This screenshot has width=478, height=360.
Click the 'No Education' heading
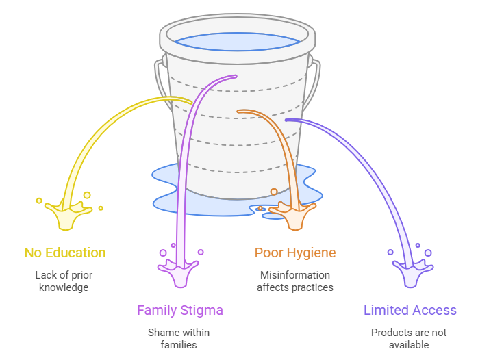65,253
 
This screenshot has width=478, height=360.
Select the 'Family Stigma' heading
179,310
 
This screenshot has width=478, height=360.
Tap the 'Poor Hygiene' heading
294,253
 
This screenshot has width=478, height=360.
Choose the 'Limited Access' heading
410,310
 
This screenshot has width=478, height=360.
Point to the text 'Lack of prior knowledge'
64,281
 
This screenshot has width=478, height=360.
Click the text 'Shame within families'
179,338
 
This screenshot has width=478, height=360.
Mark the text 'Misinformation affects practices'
294,281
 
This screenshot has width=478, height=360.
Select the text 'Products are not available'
409,338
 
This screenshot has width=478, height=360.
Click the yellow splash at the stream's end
68,215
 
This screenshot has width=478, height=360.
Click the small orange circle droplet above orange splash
274,192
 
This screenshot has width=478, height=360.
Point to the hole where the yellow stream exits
190,102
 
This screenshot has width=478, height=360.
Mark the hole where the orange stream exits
239,111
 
